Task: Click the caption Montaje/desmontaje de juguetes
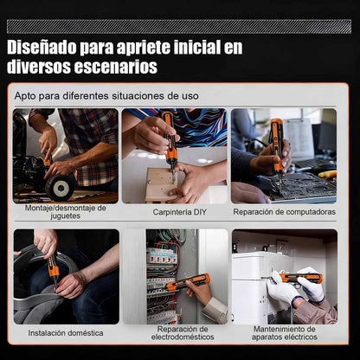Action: point(65,212)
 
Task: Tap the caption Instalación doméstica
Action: point(65,332)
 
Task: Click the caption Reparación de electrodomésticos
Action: point(174,333)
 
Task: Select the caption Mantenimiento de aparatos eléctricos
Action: point(284,333)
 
